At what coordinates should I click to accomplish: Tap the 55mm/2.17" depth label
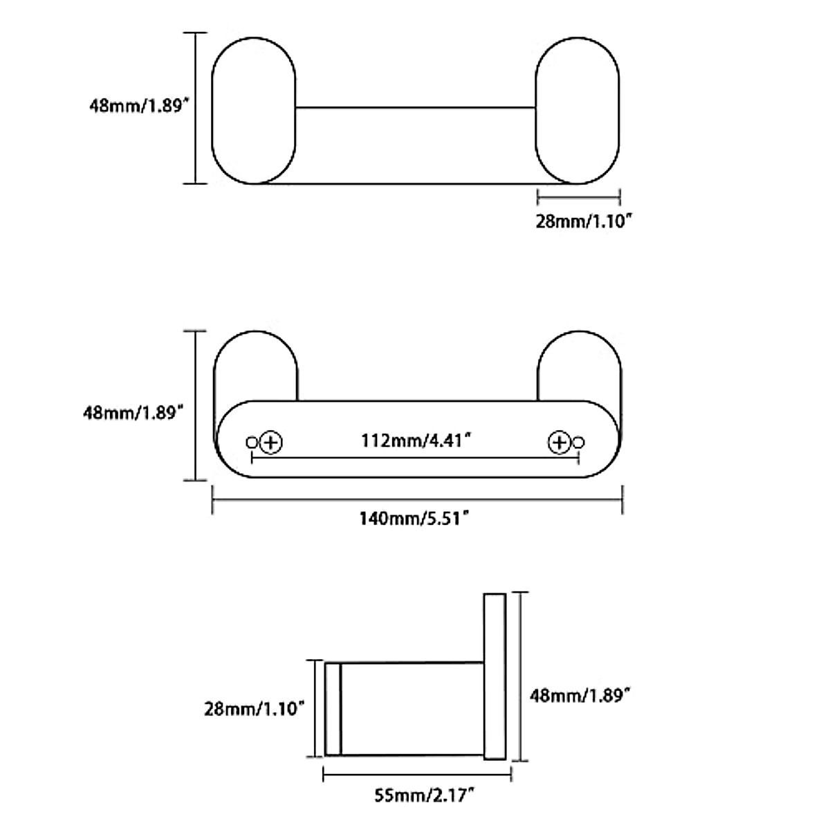[418, 797]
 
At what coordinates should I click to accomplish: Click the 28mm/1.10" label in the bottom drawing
[255, 708]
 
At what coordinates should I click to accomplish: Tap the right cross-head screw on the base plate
[559, 441]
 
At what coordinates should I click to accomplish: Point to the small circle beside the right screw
[579, 442]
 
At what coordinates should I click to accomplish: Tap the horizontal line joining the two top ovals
[415, 107]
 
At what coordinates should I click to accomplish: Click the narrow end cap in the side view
[333, 709]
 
